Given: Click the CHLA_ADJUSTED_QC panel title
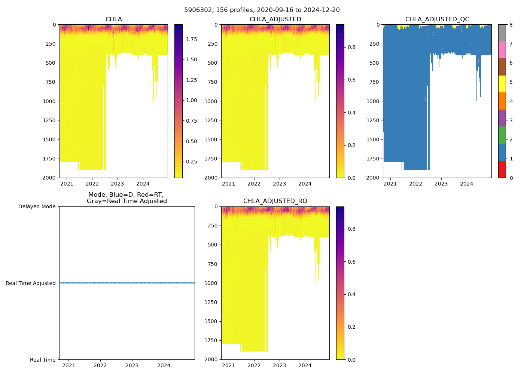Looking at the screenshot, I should tap(437, 19).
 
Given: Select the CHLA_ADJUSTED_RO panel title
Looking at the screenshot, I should tap(275, 201).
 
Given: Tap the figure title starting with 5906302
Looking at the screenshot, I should tap(262, 10).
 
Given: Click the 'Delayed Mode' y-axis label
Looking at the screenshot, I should tap(37, 206).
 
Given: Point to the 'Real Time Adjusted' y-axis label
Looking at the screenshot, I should tap(31, 283).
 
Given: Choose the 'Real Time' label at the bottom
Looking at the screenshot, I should tap(43, 360).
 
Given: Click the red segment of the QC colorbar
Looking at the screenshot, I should tap(502, 169).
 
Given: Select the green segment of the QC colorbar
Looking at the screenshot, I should tap(502, 135).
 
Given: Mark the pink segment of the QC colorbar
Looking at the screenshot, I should tap(502, 50).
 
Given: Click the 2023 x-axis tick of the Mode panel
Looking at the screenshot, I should tap(132, 365).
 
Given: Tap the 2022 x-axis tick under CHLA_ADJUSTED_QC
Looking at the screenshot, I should tap(415, 184).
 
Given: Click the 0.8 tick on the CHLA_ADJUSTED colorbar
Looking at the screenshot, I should tap(350, 47).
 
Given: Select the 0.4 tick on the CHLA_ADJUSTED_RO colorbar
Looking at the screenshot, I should tap(350, 294).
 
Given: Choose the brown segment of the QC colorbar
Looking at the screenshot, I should tap(502, 67).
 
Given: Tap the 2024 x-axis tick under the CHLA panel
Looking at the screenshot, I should tap(143, 184).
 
